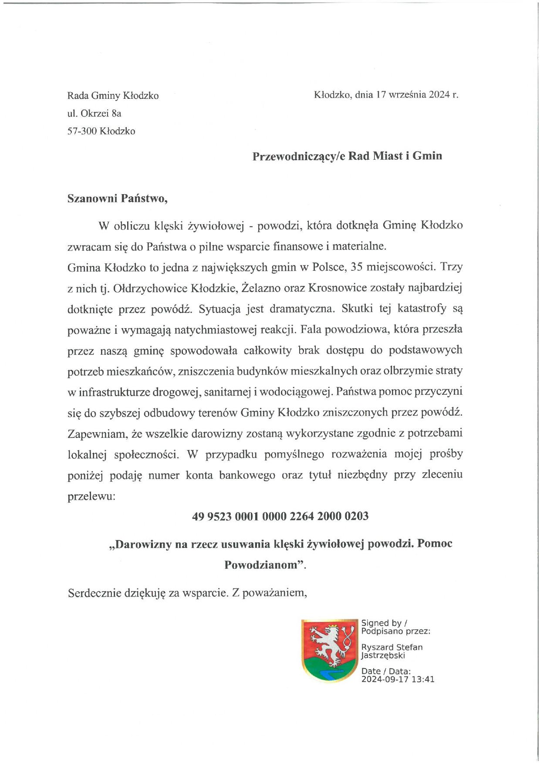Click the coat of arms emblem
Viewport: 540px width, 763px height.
(x=329, y=650)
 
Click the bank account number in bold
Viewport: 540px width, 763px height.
(x=280, y=516)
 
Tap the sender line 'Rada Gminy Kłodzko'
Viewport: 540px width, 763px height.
(x=113, y=96)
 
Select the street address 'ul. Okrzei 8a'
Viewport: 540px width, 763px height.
(x=94, y=114)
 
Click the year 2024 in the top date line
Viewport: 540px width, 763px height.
(x=439, y=95)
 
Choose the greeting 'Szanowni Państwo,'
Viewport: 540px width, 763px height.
(x=118, y=198)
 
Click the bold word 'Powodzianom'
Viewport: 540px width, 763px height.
(x=263, y=565)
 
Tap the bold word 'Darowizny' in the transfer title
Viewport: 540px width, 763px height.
(x=143, y=544)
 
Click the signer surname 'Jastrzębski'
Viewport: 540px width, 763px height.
(x=383, y=655)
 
